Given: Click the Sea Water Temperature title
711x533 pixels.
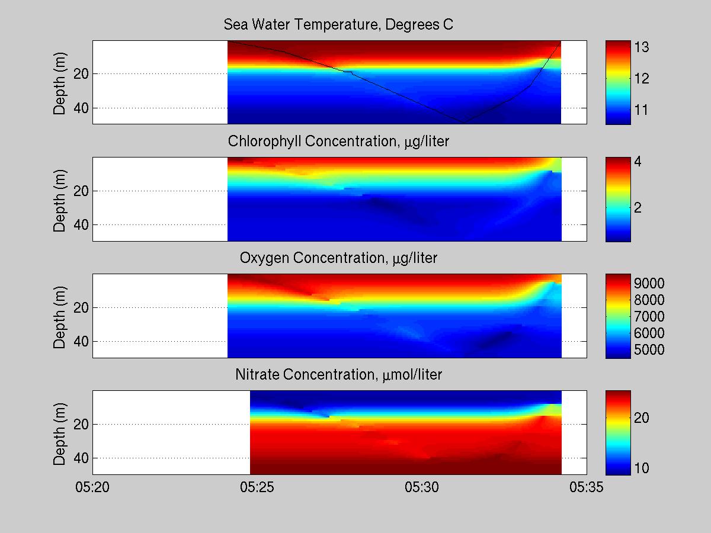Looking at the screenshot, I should pyautogui.click(x=338, y=25).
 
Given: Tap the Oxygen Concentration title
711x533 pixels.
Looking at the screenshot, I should pyautogui.click(x=338, y=258).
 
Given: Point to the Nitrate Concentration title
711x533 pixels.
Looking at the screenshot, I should pyautogui.click(x=338, y=375).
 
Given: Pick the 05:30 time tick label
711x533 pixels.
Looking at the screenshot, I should pyautogui.click(x=422, y=487).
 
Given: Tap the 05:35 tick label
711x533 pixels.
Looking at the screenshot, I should pyautogui.click(x=587, y=487).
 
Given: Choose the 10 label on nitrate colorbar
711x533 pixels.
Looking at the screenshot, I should pyautogui.click(x=641, y=468).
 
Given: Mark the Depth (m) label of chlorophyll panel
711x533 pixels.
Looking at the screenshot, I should pyautogui.click(x=60, y=199).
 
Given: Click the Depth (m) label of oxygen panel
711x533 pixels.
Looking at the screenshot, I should pyautogui.click(x=60, y=316).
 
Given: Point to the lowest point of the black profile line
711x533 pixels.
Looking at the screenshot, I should pyautogui.click(x=465, y=122).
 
